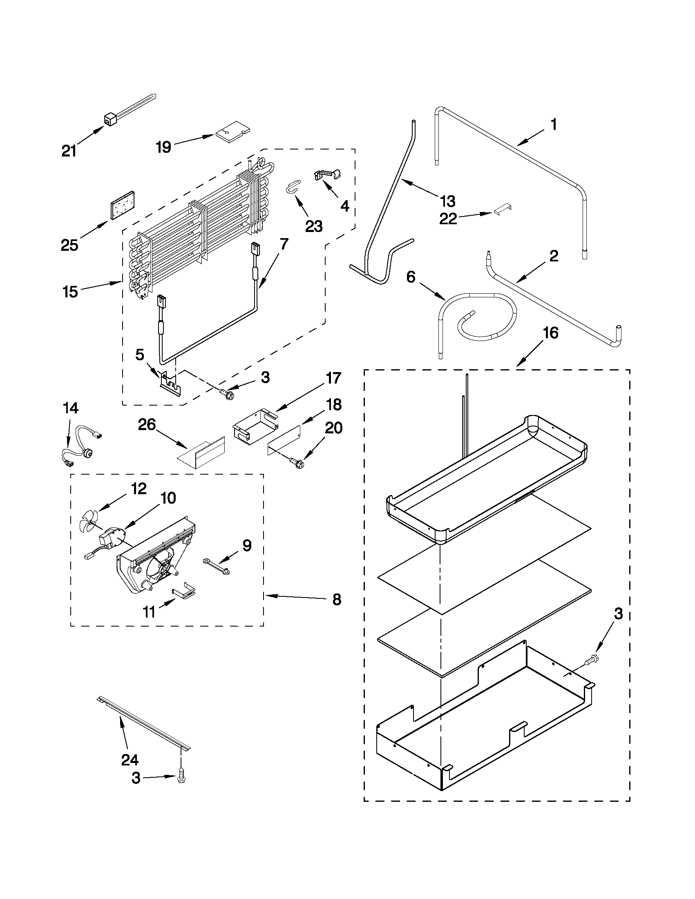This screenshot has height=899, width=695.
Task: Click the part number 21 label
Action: point(69,152)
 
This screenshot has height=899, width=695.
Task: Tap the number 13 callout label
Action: point(447,201)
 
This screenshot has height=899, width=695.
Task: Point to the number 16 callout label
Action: point(551,332)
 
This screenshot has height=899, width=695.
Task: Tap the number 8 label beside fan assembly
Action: point(337,600)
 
